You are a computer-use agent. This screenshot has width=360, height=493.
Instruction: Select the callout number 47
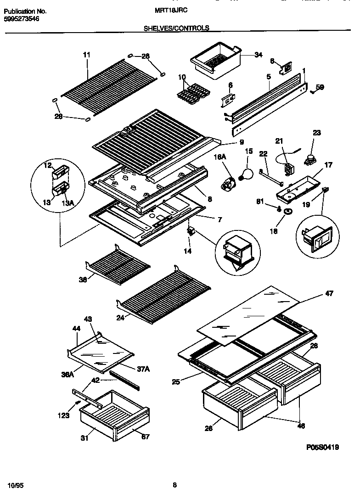pyautogui.click(x=329, y=293)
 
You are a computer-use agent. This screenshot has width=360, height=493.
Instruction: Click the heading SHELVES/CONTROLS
pyautogui.click(x=177, y=28)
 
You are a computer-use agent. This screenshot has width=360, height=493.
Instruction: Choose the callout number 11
pyautogui.click(x=86, y=55)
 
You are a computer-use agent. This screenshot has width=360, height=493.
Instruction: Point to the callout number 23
pyautogui.click(x=316, y=133)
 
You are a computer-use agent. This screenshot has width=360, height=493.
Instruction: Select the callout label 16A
pyautogui.click(x=221, y=157)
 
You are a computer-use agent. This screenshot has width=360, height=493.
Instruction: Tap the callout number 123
pyautogui.click(x=63, y=415)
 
